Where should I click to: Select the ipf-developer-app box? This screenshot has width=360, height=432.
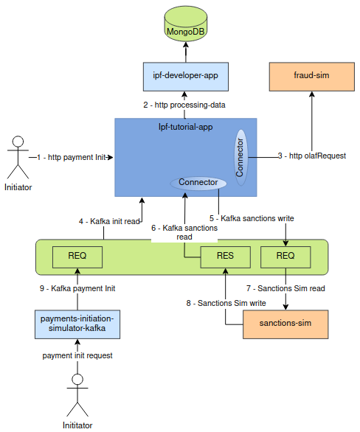[x=185, y=75]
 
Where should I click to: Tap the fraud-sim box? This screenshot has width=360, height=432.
[x=311, y=75]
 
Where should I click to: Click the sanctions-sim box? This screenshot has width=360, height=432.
[x=286, y=324]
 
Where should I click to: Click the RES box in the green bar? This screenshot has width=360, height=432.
[x=225, y=256]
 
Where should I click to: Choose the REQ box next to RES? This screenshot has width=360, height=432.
[x=285, y=256]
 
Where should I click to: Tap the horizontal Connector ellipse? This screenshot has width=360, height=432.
[x=198, y=182]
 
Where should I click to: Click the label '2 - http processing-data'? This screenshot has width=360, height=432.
[x=184, y=105]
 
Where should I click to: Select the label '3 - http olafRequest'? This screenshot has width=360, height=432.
[x=312, y=156]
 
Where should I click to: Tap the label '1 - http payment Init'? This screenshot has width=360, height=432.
[x=72, y=157]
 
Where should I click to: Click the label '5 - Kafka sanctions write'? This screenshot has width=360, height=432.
[x=252, y=218]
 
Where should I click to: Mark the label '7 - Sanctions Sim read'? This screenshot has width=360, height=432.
[x=285, y=288]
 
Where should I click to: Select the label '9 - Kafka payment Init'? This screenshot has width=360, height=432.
[x=77, y=288]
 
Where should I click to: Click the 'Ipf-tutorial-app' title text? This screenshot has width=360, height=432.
[x=185, y=127]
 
